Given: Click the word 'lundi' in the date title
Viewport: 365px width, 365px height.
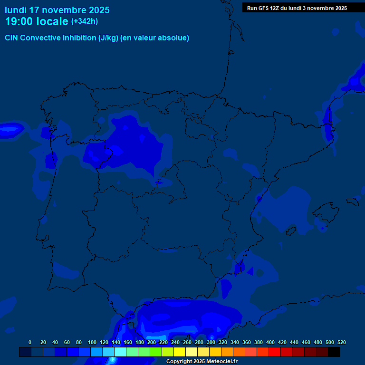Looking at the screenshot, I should pyautogui.click(x=16, y=10).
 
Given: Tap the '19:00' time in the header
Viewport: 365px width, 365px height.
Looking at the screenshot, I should pyautogui.click(x=19, y=21).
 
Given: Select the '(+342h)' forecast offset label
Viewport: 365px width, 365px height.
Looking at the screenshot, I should pyautogui.click(x=85, y=21).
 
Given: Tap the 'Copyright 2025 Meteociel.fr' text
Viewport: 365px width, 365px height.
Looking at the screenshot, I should pyautogui.click(x=202, y=362).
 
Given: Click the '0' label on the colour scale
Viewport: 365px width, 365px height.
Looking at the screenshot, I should pyautogui.click(x=30, y=342).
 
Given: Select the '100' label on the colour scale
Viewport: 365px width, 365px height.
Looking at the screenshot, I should pyautogui.click(x=92, y=342).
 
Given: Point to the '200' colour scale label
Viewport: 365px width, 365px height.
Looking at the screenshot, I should pyautogui.click(x=152, y=342).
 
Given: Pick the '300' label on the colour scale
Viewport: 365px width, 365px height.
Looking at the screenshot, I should pyautogui.click(x=211, y=342).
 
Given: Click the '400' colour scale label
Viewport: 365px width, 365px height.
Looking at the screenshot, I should pyautogui.click(x=270, y=342).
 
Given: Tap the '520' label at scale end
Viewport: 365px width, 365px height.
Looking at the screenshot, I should pyautogui.click(x=341, y=342).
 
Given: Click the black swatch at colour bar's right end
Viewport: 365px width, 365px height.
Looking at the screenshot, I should pyautogui.click(x=334, y=352).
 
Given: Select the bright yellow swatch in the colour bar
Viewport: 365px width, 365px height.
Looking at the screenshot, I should pyautogui.click(x=180, y=352).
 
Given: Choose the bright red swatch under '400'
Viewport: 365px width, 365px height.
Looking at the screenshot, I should pyautogui.click(x=275, y=352).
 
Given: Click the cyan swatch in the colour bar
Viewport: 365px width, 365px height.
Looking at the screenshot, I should pyautogui.click(x=120, y=352).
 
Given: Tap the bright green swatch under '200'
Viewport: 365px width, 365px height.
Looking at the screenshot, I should pyautogui.click(x=156, y=352).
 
